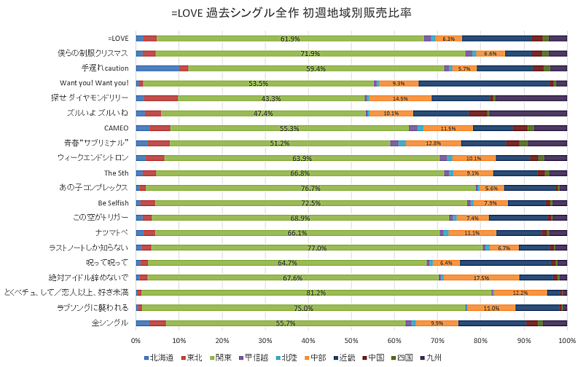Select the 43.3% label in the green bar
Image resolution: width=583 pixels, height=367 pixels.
tap(271, 98)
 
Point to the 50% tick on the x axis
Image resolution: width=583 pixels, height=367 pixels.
tap(351, 339)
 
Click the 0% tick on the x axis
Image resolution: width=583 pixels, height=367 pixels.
tap(136, 339)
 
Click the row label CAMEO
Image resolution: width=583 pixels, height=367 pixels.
tap(117, 128)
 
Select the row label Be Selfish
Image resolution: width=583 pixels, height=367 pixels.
tap(113, 202)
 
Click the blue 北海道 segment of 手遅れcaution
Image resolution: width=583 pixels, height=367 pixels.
tap(157, 68)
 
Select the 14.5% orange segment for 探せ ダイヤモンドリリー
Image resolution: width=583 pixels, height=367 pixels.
tap(400, 98)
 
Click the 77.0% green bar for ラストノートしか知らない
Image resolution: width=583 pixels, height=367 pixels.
tap(316, 248)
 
